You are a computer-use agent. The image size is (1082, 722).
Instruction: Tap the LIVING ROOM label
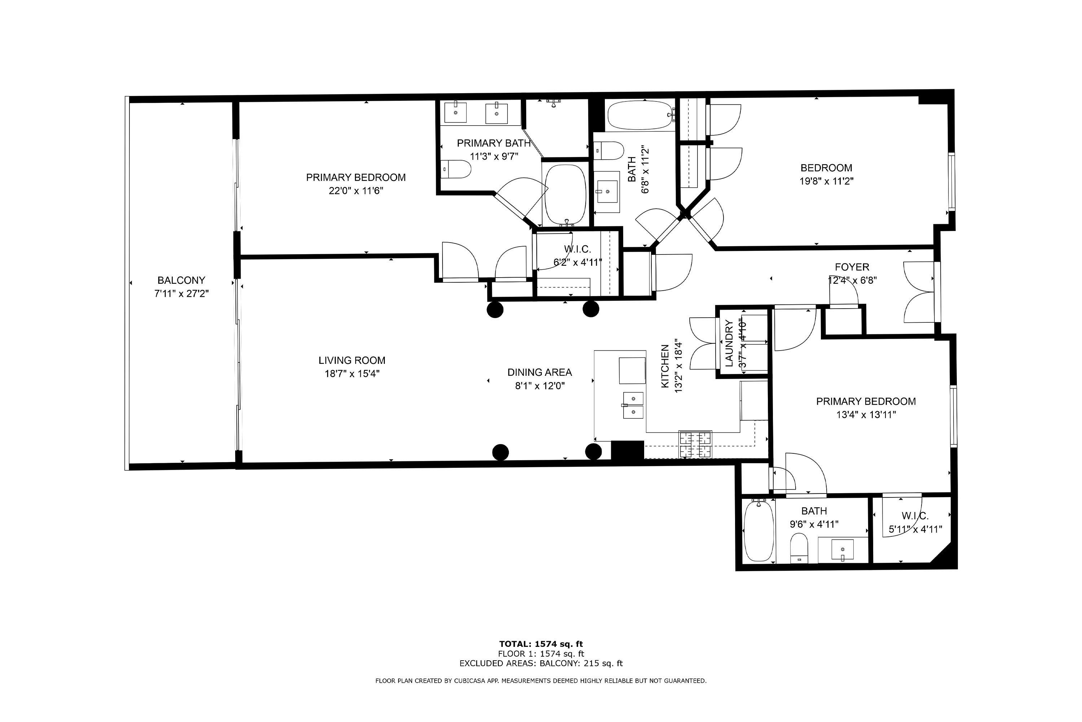tap(352, 360)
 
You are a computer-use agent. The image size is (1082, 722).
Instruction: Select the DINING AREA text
tap(540, 372)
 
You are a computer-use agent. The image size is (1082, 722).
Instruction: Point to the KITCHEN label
tap(665, 366)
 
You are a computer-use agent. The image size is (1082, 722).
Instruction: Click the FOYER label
tap(852, 267)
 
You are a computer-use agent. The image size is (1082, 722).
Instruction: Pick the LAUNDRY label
tap(729, 344)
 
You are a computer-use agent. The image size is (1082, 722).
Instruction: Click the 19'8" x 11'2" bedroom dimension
tap(826, 181)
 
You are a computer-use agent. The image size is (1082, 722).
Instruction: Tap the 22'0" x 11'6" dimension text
tap(356, 191)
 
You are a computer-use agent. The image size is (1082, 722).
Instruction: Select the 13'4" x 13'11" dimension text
tap(866, 414)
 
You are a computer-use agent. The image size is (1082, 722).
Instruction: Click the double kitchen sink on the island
tap(633, 405)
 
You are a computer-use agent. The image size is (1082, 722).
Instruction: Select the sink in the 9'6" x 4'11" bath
tap(842, 550)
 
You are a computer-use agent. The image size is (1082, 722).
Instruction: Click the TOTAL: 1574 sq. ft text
tap(541, 644)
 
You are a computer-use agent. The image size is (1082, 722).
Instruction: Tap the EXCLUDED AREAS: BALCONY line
tap(541, 664)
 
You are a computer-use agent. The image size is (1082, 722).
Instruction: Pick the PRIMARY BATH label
tap(494, 143)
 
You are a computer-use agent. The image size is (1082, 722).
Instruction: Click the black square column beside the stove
tap(627, 450)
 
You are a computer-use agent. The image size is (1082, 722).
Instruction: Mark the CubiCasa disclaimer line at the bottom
tap(541, 680)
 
